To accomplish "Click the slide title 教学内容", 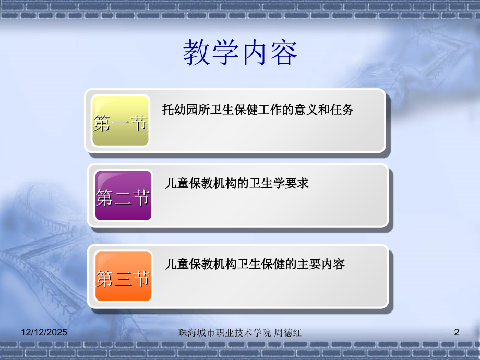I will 240,53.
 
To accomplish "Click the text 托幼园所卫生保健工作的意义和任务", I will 258,110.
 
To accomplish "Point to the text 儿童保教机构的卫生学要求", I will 237,183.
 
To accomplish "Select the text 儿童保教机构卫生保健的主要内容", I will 255,264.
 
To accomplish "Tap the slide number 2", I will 457,332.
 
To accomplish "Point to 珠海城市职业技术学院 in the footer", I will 225,332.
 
